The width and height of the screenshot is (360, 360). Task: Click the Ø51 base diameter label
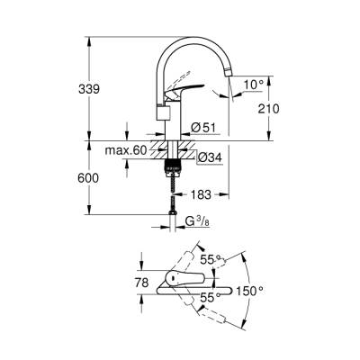coord(203,126)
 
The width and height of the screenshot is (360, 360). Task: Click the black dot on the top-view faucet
coord(167,279)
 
